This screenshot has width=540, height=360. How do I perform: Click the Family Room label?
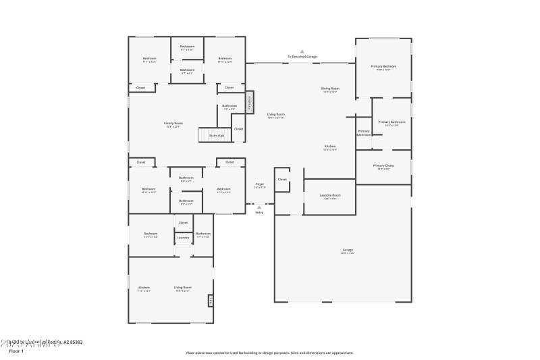(173, 124)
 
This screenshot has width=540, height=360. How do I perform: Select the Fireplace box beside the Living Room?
(249, 101)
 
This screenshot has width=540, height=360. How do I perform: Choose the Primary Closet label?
(383, 166)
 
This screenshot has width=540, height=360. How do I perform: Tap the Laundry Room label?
(330, 196)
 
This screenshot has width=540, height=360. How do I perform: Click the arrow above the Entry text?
(259, 207)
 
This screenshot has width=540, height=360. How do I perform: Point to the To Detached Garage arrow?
(302, 51)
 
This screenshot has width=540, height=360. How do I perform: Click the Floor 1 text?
(16, 351)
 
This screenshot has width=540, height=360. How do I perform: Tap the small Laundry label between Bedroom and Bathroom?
(183, 237)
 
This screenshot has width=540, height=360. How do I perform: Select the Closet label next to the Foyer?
(282, 180)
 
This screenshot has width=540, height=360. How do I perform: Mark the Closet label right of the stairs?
(238, 128)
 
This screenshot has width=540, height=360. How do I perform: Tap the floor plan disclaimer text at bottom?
(269, 352)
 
